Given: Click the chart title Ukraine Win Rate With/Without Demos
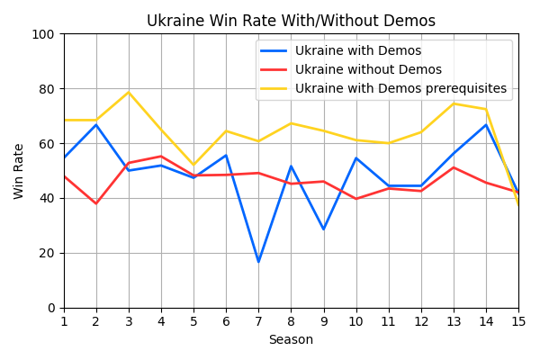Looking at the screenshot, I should [x=291, y=21].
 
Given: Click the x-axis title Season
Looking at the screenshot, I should [x=291, y=340].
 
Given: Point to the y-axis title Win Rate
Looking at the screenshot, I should [x=19, y=171].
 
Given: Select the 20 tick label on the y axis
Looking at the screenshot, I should [x=46, y=253].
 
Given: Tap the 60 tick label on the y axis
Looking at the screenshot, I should [x=46, y=144].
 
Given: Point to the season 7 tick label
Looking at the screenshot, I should [x=258, y=319].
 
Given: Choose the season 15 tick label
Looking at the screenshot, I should [x=518, y=319].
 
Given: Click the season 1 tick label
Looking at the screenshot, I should [x=64, y=319].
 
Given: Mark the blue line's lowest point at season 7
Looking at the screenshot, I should [x=258, y=262].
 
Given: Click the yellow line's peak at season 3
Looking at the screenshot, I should [x=129, y=93].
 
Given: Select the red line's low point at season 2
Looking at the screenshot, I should [x=96, y=203].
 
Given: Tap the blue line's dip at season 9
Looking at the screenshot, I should [x=324, y=229].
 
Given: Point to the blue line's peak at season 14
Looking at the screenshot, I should [x=486, y=125].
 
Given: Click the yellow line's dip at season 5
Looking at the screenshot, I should [x=193, y=165].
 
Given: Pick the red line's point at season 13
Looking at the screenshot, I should [x=454, y=167].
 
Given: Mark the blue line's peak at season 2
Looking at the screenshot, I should [x=96, y=125].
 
